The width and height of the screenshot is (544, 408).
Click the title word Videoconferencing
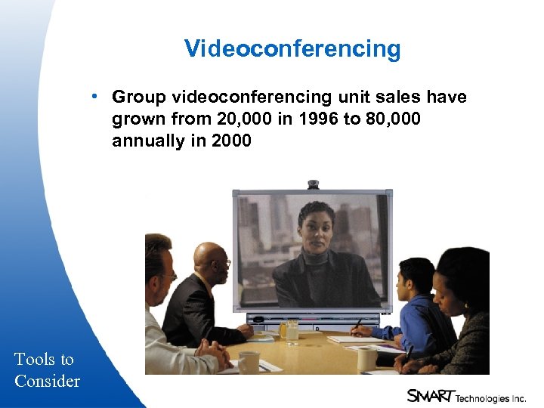(292, 49)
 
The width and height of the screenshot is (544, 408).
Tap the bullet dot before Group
(91, 97)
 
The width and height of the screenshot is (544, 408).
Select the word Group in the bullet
(139, 97)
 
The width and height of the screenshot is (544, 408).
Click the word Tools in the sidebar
(34, 359)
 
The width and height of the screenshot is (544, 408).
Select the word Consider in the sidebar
(47, 381)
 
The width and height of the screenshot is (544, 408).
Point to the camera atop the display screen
(313, 184)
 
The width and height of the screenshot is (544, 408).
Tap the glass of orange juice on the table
(283, 329)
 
